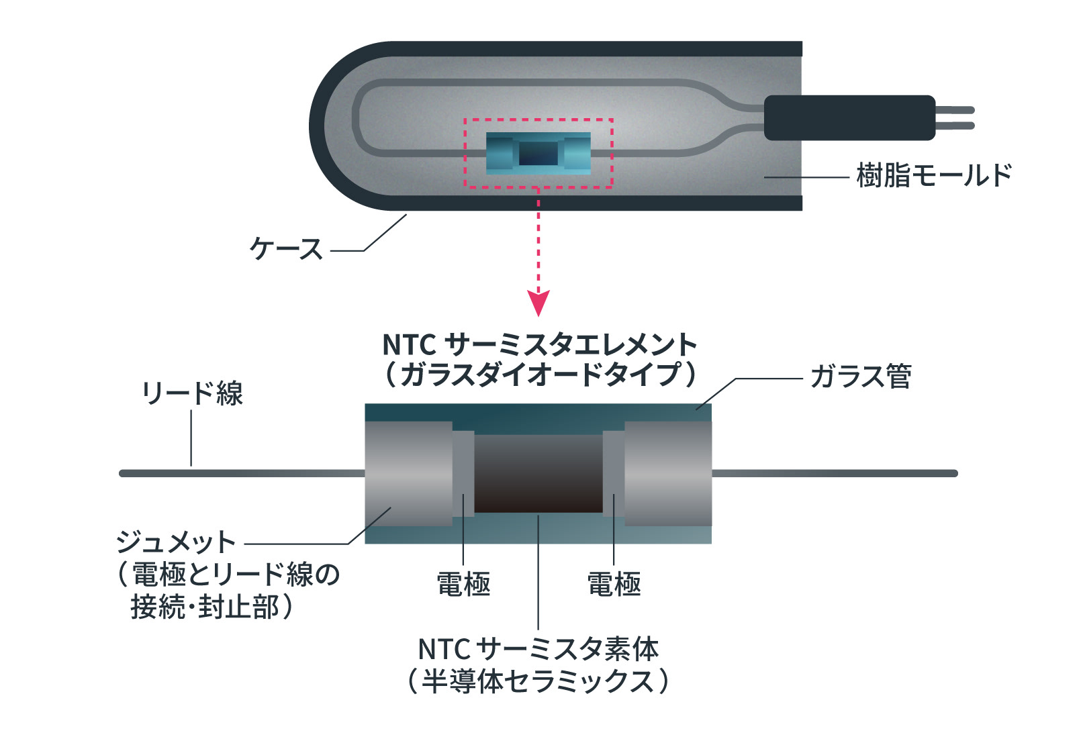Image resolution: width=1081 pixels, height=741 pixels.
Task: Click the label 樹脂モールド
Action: pos(934,176)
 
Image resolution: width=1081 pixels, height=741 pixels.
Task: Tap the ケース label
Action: pos(286,250)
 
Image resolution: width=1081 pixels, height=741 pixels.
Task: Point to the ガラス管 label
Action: pos(860,377)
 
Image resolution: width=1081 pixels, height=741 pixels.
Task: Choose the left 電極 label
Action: pos(463,585)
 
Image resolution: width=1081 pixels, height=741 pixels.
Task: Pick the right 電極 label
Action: pos(614,585)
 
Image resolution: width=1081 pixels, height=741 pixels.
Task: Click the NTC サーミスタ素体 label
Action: pos(538,649)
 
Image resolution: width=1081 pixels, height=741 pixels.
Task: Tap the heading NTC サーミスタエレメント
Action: pos(539,346)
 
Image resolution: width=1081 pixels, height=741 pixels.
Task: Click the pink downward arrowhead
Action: pos(538,303)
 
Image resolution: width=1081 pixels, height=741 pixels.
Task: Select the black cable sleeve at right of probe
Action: pos(849,118)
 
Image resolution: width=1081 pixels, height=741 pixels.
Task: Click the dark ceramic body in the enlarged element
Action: pos(538,473)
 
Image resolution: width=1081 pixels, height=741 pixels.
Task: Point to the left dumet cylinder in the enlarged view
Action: pos(408,473)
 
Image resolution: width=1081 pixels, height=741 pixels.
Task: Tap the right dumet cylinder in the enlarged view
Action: pos(668,473)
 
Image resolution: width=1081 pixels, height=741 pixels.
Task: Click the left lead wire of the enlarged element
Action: pos(242,473)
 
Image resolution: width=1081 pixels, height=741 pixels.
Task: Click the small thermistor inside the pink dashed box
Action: pos(538,153)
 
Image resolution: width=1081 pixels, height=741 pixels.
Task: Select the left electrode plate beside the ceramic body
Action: pos(463,473)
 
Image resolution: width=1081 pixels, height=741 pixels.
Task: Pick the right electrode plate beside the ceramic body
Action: pos(614,473)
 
